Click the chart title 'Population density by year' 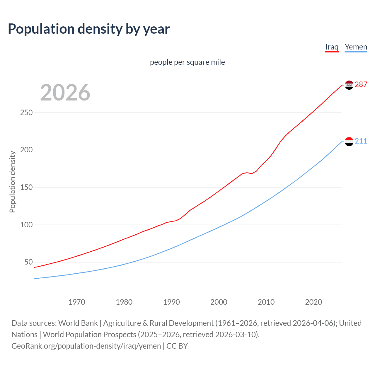pos(89,29)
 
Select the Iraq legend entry pos(332,47)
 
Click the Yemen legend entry pos(356,47)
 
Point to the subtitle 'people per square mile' pos(187,62)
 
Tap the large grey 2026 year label pos(65,93)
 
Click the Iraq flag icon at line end pos(349,85)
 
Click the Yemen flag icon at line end pos(349,141)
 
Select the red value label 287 pos(361,84)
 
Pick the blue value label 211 pos(361,141)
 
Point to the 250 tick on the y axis pos(26,112)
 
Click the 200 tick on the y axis pos(26,150)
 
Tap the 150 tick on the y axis pos(26,187)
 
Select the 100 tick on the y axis pos(26,225)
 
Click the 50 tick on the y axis pos(28,262)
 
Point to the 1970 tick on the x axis pos(77,302)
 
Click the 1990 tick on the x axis pos(171,302)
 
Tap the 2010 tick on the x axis pos(266,302)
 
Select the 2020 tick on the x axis pos(313,302)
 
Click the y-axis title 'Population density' pos(12,182)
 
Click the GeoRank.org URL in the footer pos(86,346)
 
